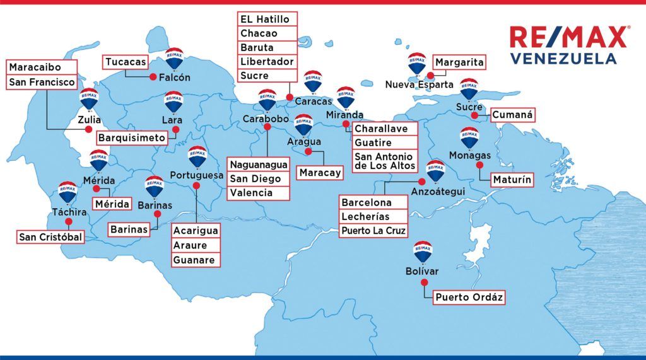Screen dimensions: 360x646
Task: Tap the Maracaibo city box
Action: tap(42, 67)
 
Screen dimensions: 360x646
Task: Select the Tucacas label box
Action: tap(126, 62)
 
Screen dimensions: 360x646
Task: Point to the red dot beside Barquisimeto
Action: tap(175, 129)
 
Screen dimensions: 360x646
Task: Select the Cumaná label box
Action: tap(512, 115)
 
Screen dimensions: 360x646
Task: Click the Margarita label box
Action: tap(459, 62)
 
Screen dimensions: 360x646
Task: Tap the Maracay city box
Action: tap(320, 173)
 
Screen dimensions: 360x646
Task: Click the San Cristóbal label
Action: tap(50, 238)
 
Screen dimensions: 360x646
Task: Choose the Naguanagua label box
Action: tap(259, 165)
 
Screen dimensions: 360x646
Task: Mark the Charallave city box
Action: tap(385, 129)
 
